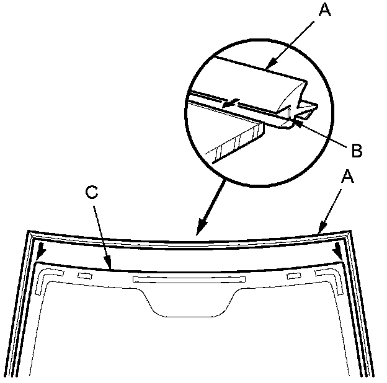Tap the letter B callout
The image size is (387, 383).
click(356, 149)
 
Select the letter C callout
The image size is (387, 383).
click(91, 193)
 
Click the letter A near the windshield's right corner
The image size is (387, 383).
click(348, 178)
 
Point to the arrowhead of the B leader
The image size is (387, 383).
click(296, 121)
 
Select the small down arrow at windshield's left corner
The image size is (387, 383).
click(42, 255)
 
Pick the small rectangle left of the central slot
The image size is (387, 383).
click(84, 275)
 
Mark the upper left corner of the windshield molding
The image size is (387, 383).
click(28, 233)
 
